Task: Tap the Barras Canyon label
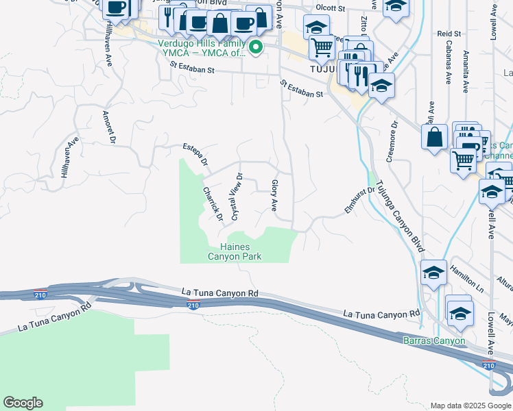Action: pos(433,340)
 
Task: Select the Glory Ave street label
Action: pos(274,195)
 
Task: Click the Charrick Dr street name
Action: pos(213,204)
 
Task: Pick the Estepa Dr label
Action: pos(195,155)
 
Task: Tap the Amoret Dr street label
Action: pos(107,127)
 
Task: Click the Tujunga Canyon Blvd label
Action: pos(401,214)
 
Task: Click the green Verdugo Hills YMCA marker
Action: pos(256,47)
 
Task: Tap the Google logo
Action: pos(23,403)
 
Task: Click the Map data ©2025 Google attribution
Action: pos(470,406)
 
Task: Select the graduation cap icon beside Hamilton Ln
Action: pos(433,273)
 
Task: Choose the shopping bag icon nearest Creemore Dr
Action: pos(435,136)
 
